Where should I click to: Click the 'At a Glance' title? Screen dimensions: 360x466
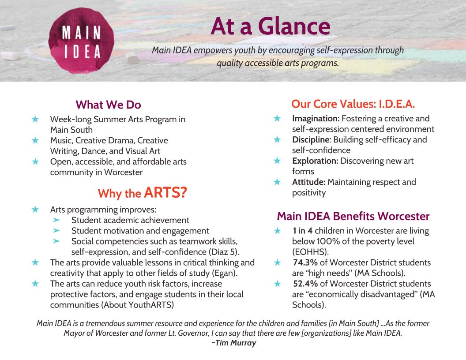pyautogui.click(x=270, y=26)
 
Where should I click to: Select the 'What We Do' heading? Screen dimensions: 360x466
pyautogui.click(x=108, y=105)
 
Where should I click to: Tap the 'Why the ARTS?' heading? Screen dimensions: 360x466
pyautogui.click(x=142, y=193)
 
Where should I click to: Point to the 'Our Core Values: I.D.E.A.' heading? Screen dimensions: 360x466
pyautogui.click(x=353, y=104)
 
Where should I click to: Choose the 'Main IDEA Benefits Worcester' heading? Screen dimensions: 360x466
pyautogui.click(x=353, y=216)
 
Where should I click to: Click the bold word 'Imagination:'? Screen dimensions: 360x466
pyautogui.click(x=316, y=119)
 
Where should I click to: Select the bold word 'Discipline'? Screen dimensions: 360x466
pyautogui.click(x=311, y=140)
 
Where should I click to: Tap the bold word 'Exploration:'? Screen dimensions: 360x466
pyautogui.click(x=315, y=161)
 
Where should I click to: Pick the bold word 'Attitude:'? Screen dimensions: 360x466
pyautogui.click(x=308, y=182)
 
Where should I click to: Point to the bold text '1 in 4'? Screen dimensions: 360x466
pyautogui.click(x=302, y=231)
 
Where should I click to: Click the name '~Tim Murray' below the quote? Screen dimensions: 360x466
pyautogui.click(x=233, y=343)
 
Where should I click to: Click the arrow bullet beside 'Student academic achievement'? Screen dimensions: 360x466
pyautogui.click(x=56, y=220)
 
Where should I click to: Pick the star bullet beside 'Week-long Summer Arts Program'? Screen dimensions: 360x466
pyautogui.click(x=35, y=119)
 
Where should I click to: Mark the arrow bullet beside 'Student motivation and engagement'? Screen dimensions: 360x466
pyautogui.click(x=56, y=230)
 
